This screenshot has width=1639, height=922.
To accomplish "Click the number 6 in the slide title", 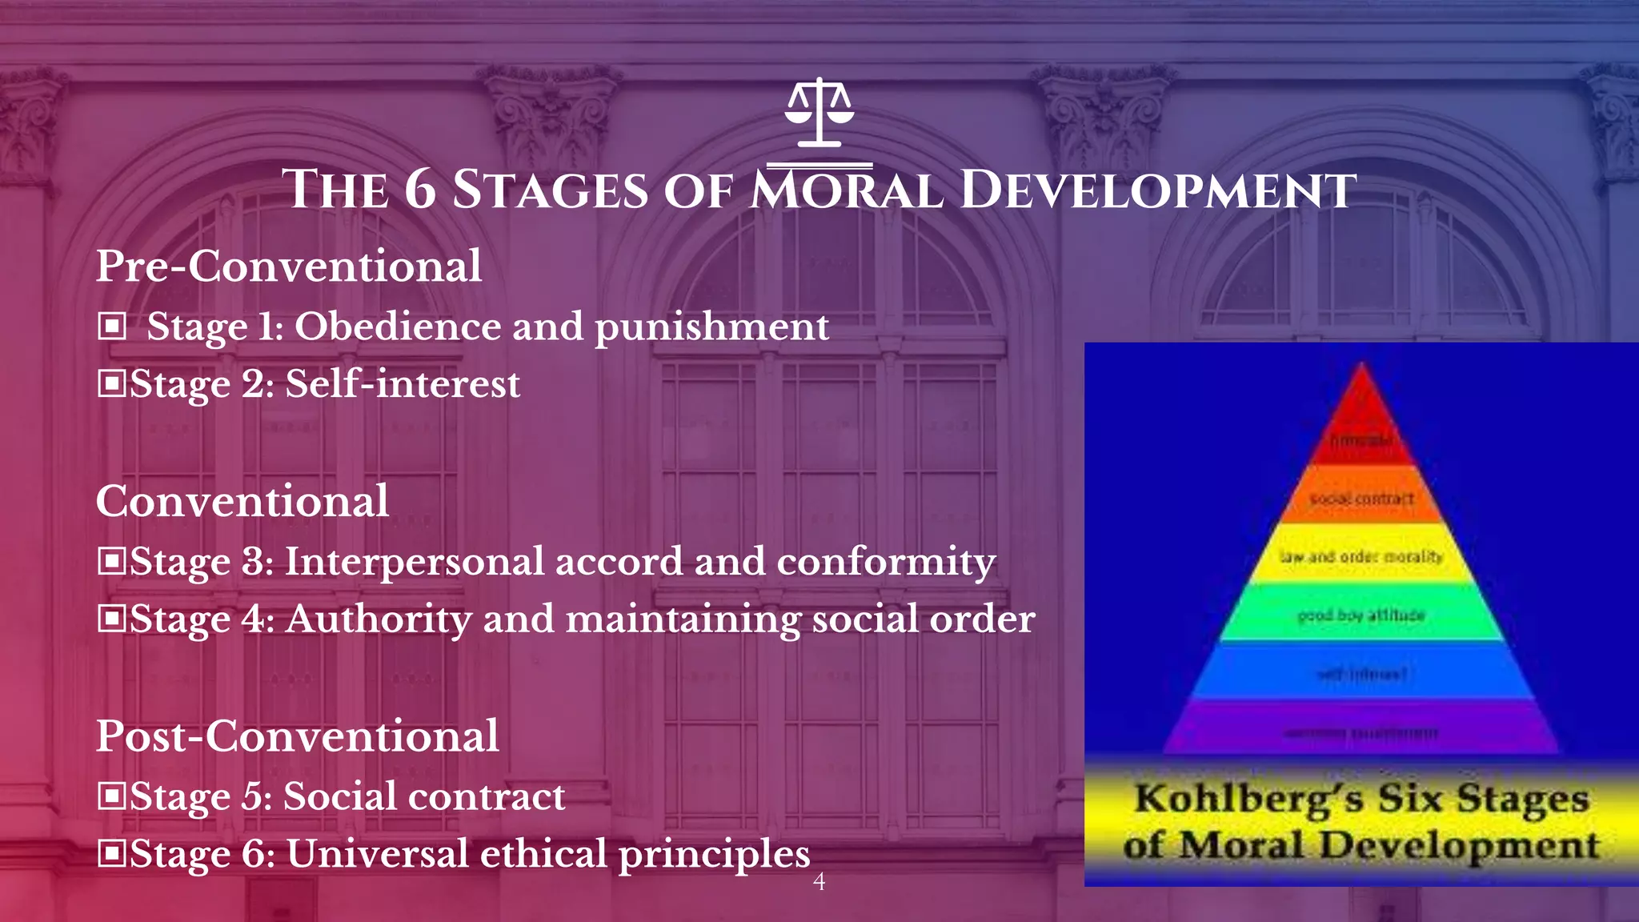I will (x=420, y=190).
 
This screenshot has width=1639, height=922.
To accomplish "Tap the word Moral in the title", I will (x=847, y=190).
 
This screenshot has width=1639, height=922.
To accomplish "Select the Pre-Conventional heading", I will (x=289, y=266).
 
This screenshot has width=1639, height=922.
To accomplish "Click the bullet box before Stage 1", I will (x=112, y=326).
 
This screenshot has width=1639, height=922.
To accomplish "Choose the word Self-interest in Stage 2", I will (x=403, y=383).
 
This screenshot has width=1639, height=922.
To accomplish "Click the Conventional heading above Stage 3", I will (x=242, y=501).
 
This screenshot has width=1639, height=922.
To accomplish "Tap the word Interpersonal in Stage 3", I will (x=415, y=562).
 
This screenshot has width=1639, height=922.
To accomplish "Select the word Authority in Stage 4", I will (x=378, y=619).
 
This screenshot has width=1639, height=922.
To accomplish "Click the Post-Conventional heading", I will (x=297, y=736).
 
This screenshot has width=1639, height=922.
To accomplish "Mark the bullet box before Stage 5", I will (x=111, y=796).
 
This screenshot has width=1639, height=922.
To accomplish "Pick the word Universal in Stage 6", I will (x=377, y=854).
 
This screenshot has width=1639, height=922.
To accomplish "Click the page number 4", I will (x=819, y=882).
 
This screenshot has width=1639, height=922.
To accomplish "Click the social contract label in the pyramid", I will (x=1360, y=499).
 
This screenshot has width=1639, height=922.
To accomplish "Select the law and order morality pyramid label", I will (x=1360, y=556).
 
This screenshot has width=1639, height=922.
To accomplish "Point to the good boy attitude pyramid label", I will (x=1360, y=615).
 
